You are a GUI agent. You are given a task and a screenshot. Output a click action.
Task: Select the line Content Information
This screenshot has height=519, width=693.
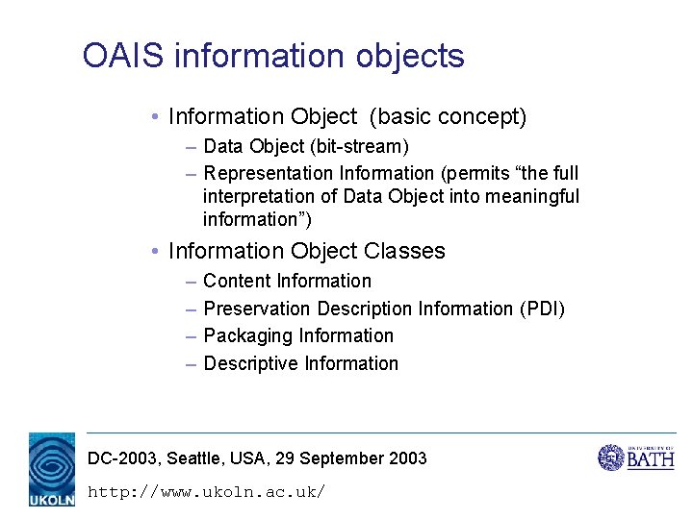[x=287, y=281]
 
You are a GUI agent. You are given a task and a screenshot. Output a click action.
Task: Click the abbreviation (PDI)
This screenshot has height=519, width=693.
[x=542, y=309]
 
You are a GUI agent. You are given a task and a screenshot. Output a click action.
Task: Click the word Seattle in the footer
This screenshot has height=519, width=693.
[x=196, y=458]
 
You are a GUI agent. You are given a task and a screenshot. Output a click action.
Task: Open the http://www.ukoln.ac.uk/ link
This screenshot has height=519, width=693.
[x=206, y=492]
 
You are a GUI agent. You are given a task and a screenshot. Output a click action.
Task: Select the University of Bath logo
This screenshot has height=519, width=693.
[x=636, y=457]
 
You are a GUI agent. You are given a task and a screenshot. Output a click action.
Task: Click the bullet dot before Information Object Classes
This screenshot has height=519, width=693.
[x=155, y=252]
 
